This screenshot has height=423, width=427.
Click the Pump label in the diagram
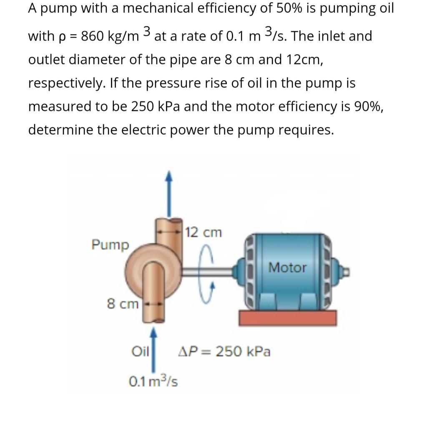[x=111, y=245]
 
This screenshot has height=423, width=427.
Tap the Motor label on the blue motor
[x=287, y=267]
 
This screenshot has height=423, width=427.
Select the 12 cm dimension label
[x=204, y=232]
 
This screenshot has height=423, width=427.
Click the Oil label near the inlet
[x=140, y=352]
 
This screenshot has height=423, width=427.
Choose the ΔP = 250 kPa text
[x=225, y=352]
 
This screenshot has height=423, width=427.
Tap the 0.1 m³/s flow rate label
[x=153, y=381]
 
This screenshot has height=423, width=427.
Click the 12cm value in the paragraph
[x=304, y=59]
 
